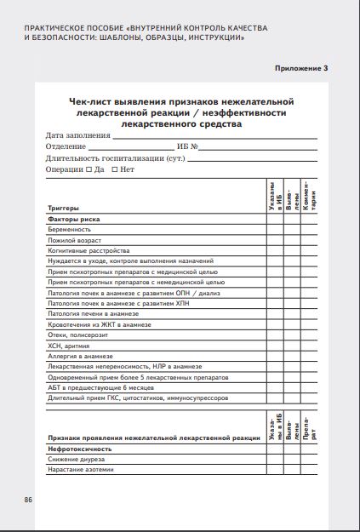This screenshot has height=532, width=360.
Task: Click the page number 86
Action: coord(28,497)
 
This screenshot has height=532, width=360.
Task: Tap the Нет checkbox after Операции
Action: coord(114,169)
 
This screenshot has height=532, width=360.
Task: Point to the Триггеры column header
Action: coord(64,208)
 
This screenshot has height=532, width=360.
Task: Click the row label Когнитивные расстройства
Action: coord(89,250)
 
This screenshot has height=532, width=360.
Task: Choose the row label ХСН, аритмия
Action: coord(68,346)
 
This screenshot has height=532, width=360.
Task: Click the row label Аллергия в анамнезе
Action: coord(80,356)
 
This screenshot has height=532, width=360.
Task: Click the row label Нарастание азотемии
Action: coord(81,469)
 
